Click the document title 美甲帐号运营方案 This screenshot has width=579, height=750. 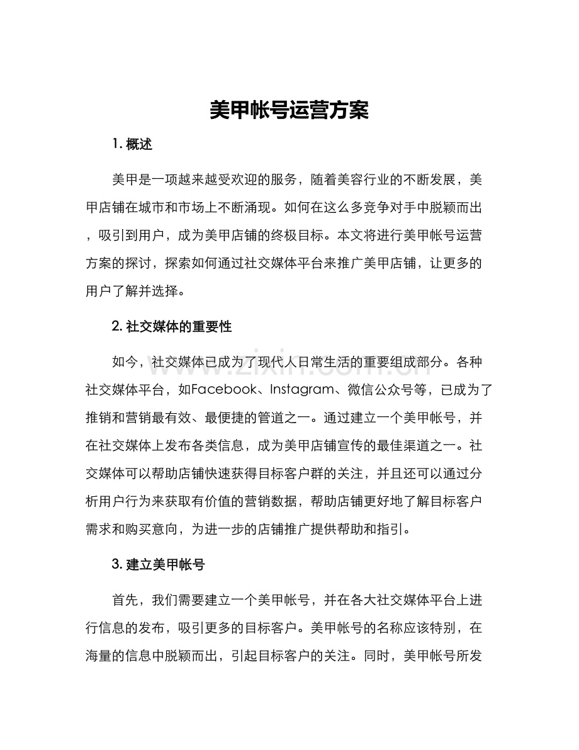point(289,111)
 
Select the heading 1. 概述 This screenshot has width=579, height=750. point(132,144)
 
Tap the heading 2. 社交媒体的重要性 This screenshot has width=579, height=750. point(172,326)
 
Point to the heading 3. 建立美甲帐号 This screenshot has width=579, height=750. point(158,565)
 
